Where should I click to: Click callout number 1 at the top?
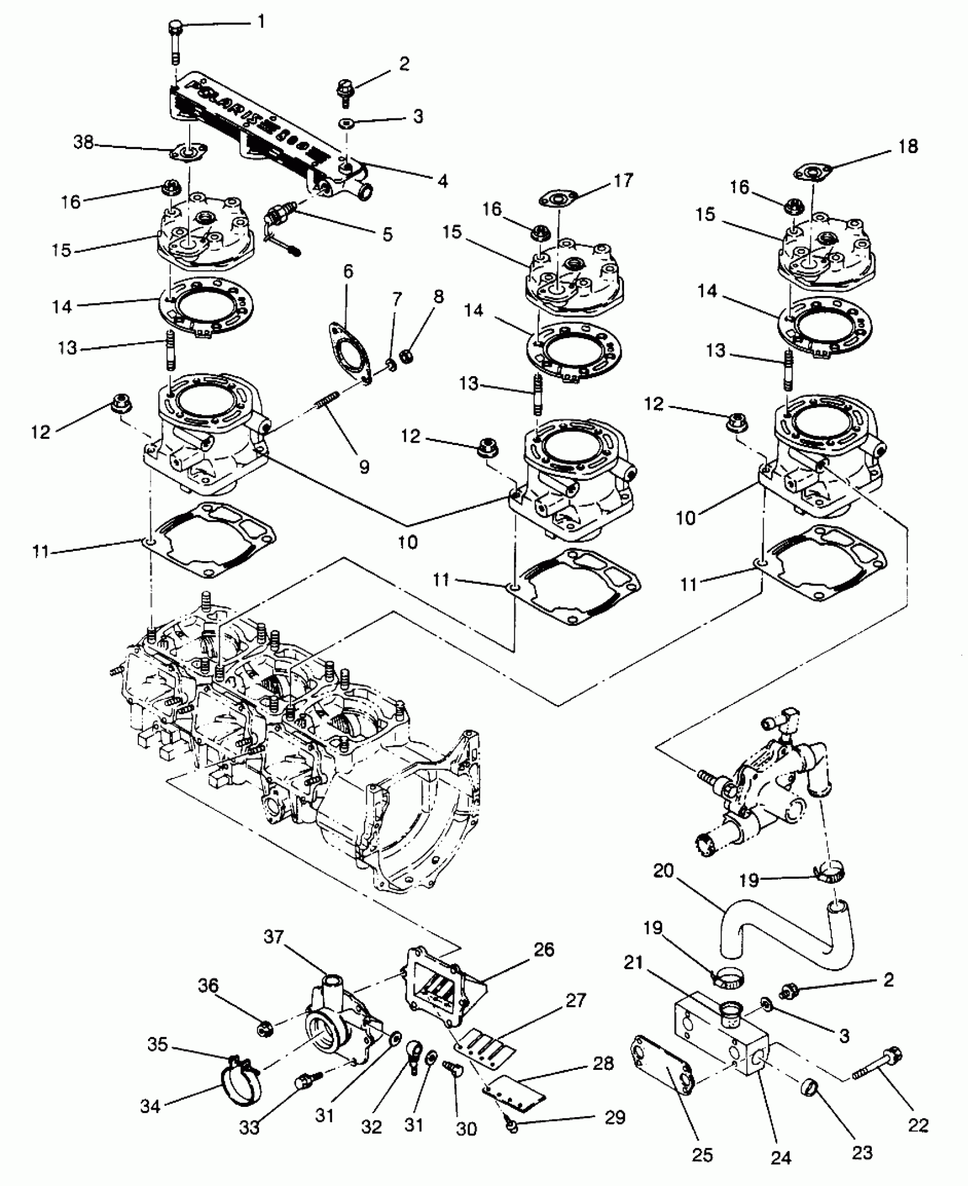pos(261,23)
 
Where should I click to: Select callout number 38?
pos(84,142)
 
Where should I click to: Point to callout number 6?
pos(348,271)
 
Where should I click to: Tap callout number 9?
pos(364,466)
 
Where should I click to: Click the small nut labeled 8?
pos(407,357)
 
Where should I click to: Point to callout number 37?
pos(273,936)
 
